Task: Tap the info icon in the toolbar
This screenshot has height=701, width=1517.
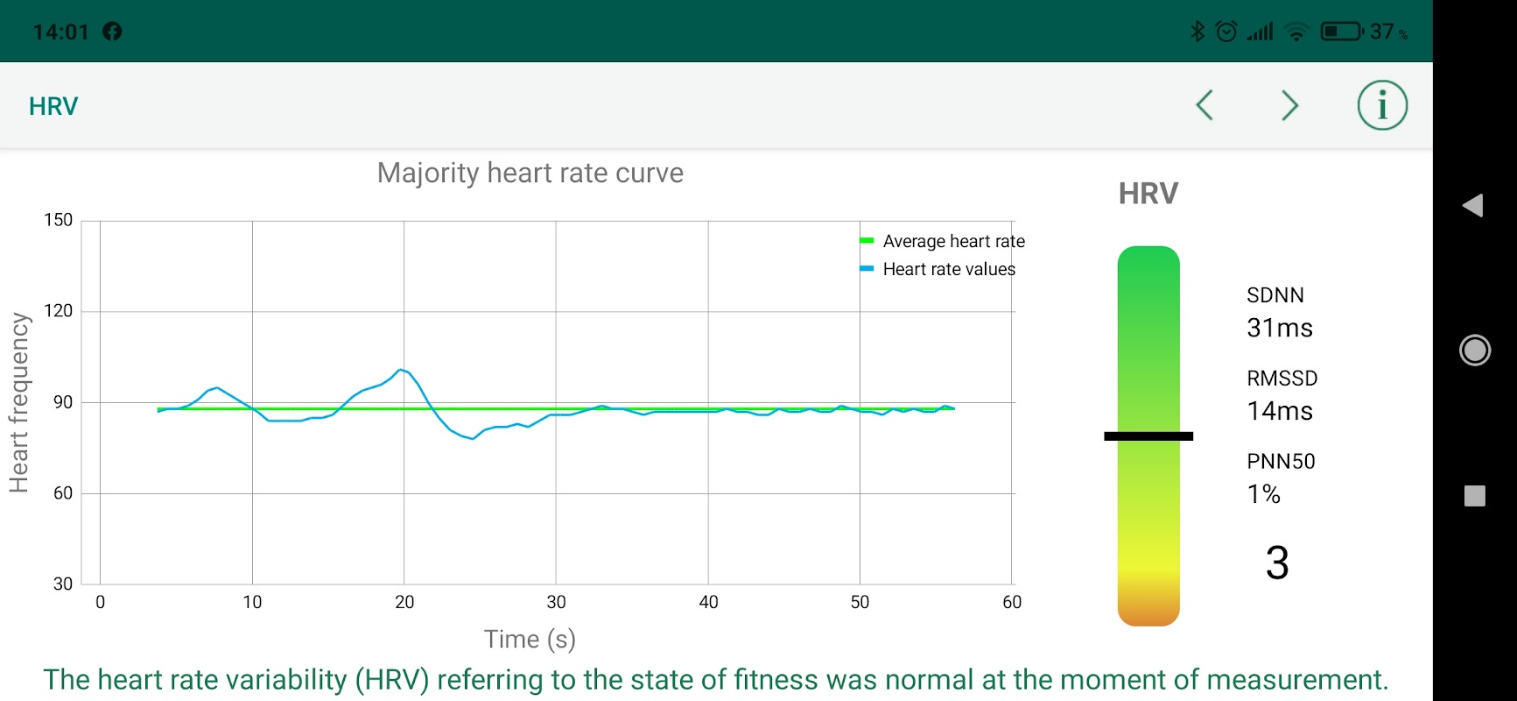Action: pos(1382,106)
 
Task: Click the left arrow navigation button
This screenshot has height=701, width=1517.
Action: pos(1204,106)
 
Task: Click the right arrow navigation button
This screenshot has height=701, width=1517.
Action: pos(1289,106)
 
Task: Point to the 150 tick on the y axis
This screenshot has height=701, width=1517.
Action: pos(59,220)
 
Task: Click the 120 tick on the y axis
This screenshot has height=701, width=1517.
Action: pos(59,311)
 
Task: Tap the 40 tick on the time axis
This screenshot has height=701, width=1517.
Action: pos(708,602)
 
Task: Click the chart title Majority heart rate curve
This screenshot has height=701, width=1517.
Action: pos(530,173)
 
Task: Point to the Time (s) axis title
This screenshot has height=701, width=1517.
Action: pos(530,640)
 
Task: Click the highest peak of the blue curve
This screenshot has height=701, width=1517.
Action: pos(400,370)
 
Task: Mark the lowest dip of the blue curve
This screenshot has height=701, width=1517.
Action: pos(473,438)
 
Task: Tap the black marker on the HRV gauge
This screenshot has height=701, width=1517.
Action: pos(1148,435)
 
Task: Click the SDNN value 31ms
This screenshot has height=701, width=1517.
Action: pos(1279,329)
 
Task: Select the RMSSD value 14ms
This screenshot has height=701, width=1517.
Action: pos(1279,411)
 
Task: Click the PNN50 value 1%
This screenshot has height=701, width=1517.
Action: pos(1263,494)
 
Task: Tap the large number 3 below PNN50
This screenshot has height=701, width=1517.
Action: pos(1277,563)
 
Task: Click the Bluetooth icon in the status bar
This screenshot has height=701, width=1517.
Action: pos(1197,32)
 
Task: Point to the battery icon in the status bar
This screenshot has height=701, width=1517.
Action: pos(1341,32)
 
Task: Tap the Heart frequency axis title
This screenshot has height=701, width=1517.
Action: pos(19,402)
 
